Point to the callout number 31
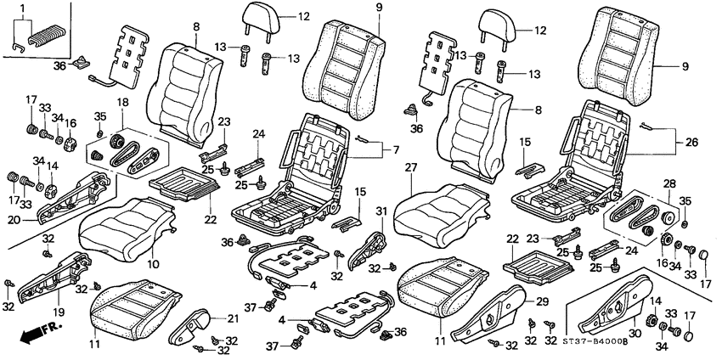[x=381, y=211]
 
